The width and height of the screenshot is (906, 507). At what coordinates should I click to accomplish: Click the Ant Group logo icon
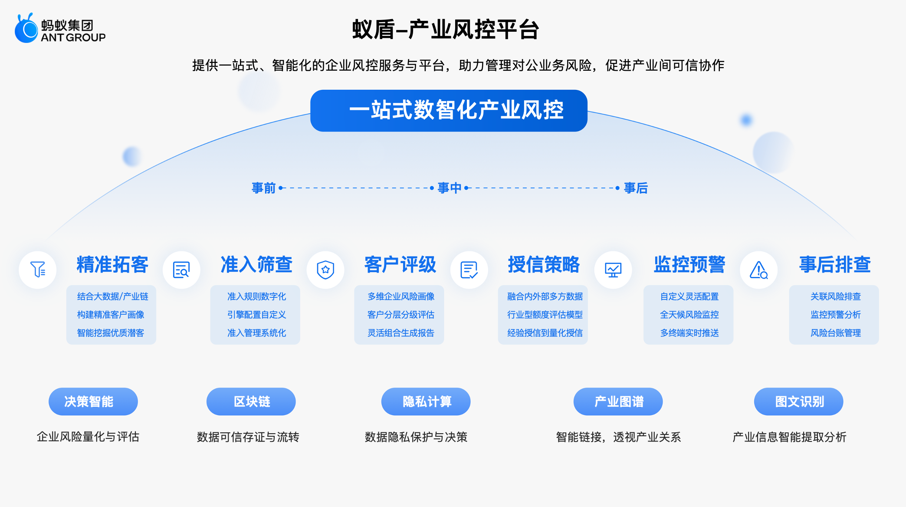coord(26,28)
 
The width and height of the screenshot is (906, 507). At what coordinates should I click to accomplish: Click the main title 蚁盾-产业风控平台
coord(446,30)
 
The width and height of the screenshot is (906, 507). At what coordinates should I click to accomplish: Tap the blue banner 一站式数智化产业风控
coord(449,111)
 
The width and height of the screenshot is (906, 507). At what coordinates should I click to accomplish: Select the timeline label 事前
coord(264,188)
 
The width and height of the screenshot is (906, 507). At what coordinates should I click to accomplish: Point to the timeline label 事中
coord(450,188)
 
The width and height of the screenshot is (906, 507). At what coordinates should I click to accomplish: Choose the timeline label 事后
coord(636,188)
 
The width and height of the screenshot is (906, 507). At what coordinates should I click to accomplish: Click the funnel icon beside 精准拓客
coord(38,270)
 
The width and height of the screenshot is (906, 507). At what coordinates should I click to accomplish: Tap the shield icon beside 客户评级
coord(325,270)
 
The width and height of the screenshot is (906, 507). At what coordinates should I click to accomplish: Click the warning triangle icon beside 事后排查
coord(758,270)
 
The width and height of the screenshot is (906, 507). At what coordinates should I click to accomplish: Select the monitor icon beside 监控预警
coord(613,270)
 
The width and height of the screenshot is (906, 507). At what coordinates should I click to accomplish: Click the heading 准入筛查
coord(256,264)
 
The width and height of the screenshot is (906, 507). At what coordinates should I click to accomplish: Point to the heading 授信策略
coord(544,264)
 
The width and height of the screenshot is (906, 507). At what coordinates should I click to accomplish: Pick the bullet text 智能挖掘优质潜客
coord(111,333)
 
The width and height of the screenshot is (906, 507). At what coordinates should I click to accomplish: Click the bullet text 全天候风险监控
coord(689,315)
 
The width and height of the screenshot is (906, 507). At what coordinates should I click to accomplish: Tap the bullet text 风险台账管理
coord(836,333)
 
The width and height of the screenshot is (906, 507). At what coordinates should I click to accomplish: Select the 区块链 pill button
coord(251,402)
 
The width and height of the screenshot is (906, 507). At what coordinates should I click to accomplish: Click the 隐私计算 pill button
coord(426,402)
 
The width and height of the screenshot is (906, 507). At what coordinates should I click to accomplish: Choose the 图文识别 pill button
coord(799,402)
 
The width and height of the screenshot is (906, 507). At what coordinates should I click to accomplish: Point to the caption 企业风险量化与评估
coord(88,437)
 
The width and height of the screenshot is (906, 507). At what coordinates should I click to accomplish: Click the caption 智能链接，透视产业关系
coord(619,437)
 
